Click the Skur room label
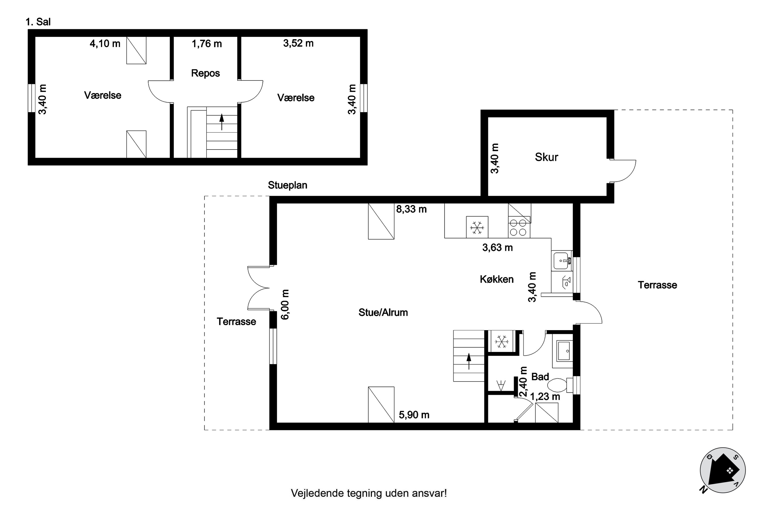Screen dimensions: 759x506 pos(546,157)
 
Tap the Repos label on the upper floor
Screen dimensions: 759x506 pos(205,73)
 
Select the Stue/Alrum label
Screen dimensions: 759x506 pos(383,312)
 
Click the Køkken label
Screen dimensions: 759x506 pos(497,279)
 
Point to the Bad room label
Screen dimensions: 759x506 pos(540,377)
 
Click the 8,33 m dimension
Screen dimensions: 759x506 pos(411,209)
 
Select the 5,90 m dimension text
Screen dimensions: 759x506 pos(414,415)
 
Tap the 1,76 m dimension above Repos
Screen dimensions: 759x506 pos(207,44)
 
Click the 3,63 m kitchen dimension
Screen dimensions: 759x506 pos(497,247)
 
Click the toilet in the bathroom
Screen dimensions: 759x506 pos(560,385)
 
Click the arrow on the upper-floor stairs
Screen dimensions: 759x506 pos(222,122)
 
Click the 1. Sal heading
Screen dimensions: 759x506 pos(38,22)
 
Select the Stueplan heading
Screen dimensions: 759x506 pos(287,185)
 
